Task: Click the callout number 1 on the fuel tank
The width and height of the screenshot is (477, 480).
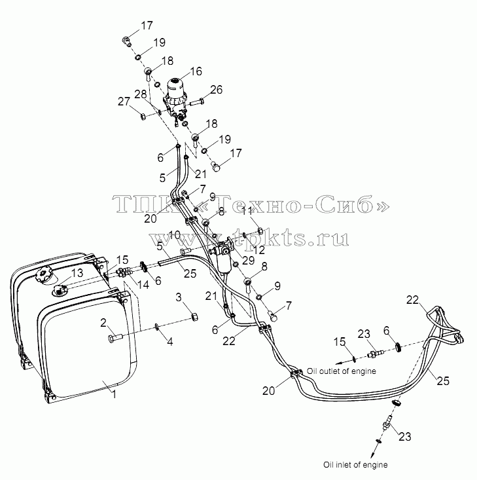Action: coord(114,394)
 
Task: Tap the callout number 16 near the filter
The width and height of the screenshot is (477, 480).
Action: coord(196,71)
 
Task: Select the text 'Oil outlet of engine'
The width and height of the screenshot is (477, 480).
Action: coord(341,371)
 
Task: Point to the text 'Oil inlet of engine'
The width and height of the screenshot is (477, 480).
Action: coord(355,465)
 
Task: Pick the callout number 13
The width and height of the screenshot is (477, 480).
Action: coord(77,273)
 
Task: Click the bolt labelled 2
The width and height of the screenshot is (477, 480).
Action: coord(115,338)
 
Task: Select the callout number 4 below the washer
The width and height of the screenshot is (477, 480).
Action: coord(170,341)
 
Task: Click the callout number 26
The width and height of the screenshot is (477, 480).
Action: coord(216,90)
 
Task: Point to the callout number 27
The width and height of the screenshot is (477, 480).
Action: coord(124,102)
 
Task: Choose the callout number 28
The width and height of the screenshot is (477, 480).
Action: coord(141,94)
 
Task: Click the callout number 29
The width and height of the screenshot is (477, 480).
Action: coord(248,261)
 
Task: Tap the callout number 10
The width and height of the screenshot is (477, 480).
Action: coord(175,235)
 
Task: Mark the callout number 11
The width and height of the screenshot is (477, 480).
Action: coord(247,211)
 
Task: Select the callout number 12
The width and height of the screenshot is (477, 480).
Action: coord(259,250)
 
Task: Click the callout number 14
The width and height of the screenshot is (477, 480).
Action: coord(143,284)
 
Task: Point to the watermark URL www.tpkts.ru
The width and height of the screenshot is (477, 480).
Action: coord(249,238)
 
